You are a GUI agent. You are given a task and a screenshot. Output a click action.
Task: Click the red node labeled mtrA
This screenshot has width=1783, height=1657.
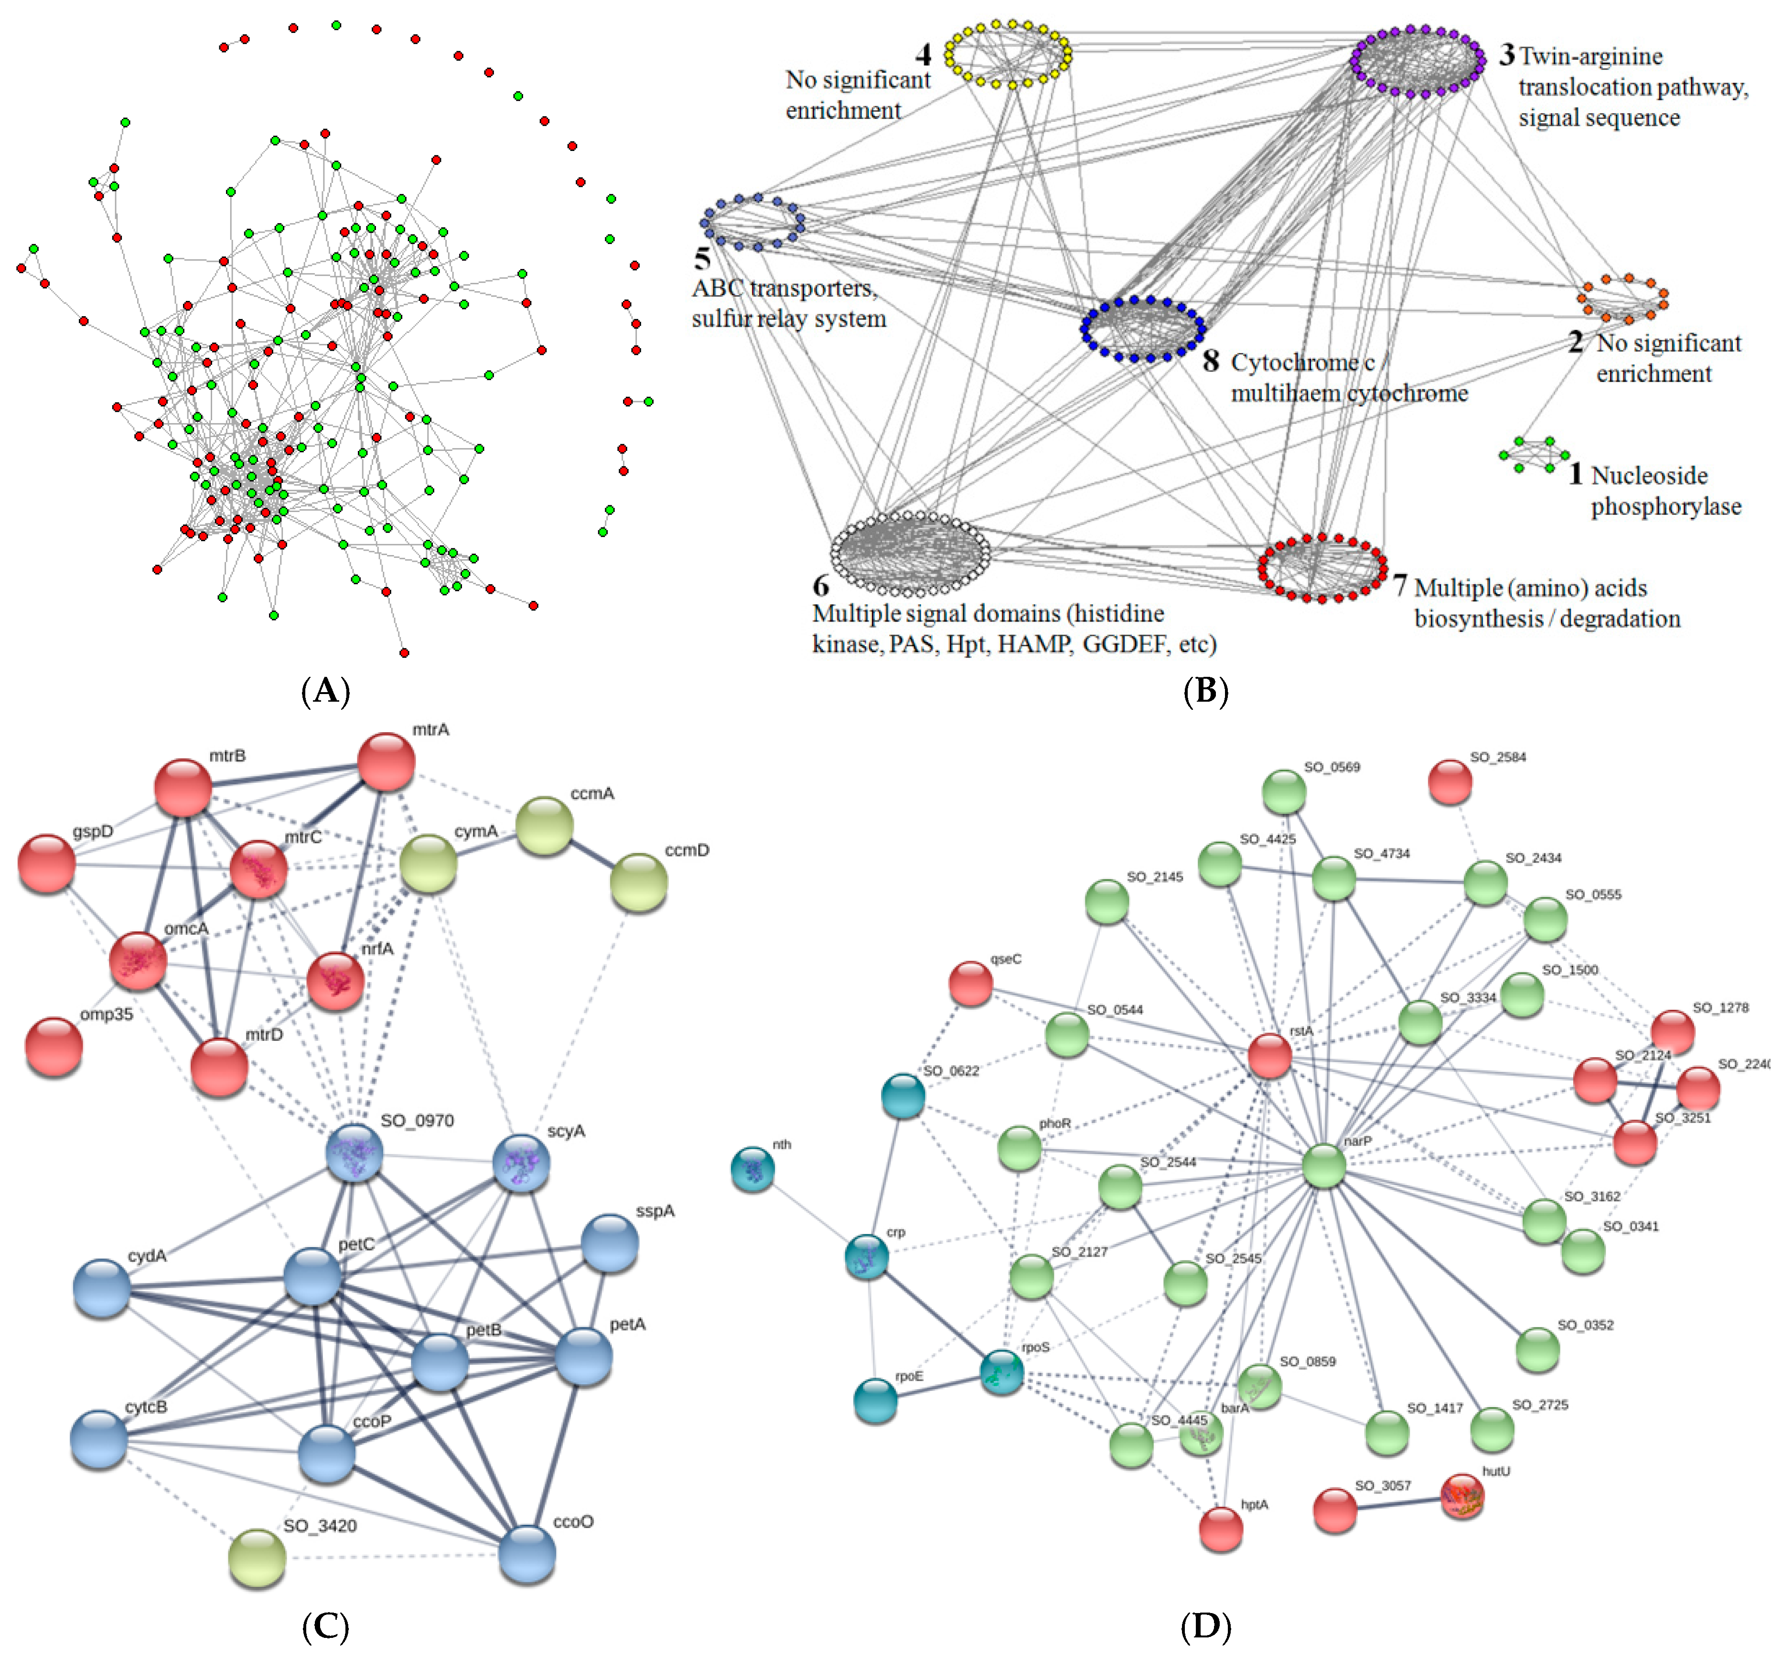coord(387,762)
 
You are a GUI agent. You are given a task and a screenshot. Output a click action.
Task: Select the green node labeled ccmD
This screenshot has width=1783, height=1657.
coord(639,882)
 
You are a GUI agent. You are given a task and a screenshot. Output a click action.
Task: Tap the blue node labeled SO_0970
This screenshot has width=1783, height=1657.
coord(354,1153)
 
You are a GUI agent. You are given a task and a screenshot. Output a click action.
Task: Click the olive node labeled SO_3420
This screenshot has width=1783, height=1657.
coord(258,1558)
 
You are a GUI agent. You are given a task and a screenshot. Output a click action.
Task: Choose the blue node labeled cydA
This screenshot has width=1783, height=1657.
coord(101,1288)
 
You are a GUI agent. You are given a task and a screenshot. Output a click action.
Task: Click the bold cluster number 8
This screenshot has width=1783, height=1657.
coord(1211,361)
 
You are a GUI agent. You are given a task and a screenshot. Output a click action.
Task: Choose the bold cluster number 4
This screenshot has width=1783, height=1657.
coord(923,55)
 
